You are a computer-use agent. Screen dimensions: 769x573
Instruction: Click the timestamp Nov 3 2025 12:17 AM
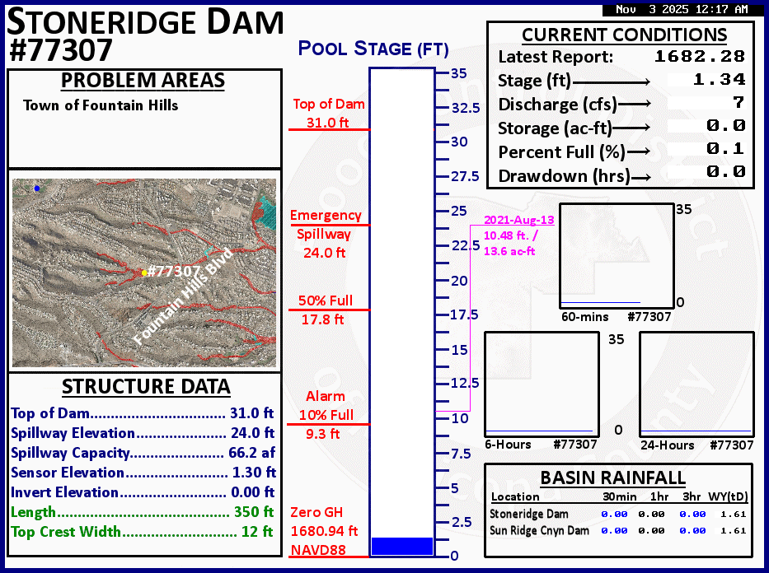(682, 9)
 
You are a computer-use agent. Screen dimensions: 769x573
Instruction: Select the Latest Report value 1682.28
(700, 56)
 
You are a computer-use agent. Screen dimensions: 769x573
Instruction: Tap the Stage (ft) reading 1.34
(719, 79)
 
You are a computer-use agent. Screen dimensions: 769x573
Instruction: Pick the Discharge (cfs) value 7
(739, 102)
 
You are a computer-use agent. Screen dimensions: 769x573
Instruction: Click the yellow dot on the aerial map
(144, 273)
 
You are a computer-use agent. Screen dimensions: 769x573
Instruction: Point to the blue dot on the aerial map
(37, 188)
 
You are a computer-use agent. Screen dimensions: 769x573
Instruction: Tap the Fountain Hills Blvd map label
(182, 296)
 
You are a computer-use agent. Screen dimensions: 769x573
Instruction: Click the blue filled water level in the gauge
(402, 546)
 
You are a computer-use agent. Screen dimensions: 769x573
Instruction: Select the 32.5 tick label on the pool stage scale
(466, 108)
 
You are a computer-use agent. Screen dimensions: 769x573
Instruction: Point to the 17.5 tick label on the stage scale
(464, 314)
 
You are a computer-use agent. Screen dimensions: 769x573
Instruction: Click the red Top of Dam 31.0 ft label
(329, 113)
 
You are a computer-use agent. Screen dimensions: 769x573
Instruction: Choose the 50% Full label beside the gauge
(326, 300)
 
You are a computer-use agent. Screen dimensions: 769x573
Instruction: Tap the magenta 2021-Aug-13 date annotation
(519, 220)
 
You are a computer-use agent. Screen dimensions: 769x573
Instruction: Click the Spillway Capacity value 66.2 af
(252, 453)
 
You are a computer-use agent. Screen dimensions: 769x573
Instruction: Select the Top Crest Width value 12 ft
(257, 531)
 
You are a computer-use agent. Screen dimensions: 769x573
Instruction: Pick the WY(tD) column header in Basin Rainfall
(728, 496)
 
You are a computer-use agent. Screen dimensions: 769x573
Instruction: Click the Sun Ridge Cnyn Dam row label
(539, 530)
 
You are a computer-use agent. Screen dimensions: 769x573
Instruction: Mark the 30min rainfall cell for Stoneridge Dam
(614, 515)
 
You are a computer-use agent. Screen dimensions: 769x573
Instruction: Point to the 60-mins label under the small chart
(584, 317)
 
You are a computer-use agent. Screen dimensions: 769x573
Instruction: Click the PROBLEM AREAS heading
(143, 81)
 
